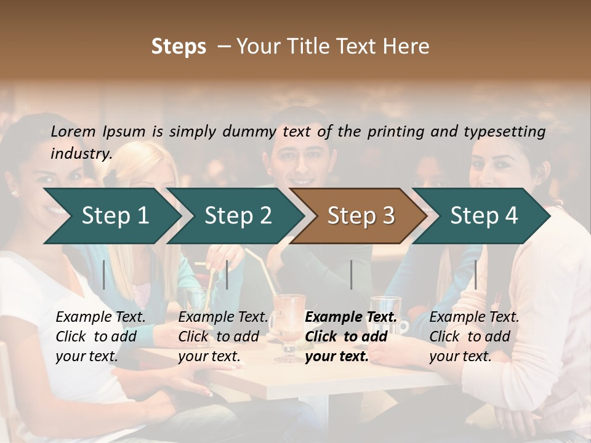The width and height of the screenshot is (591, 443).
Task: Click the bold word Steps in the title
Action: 179,47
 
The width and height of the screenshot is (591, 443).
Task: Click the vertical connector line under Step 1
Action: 103,274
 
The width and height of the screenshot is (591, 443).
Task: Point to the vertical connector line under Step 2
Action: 227,274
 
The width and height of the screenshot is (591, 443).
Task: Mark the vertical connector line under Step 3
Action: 351,274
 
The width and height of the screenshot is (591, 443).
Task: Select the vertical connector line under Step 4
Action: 475,274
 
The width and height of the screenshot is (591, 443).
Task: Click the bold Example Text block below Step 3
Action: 351,337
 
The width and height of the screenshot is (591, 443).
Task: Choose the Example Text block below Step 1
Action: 101,337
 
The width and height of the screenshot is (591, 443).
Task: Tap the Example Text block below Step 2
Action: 223,337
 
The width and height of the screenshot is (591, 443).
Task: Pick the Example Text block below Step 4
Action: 474,337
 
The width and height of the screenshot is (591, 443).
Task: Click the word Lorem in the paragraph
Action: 73,131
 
